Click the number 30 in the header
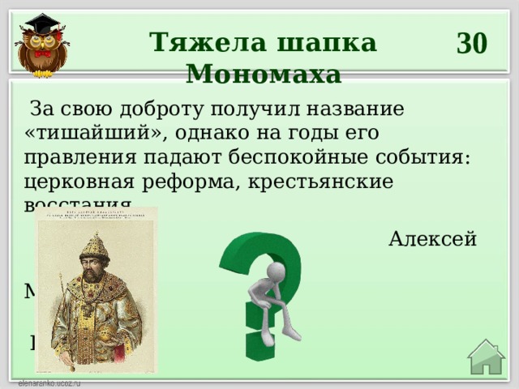click(x=471, y=42)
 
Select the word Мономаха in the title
click(x=264, y=75)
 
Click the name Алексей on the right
click(x=432, y=239)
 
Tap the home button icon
click(x=487, y=357)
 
